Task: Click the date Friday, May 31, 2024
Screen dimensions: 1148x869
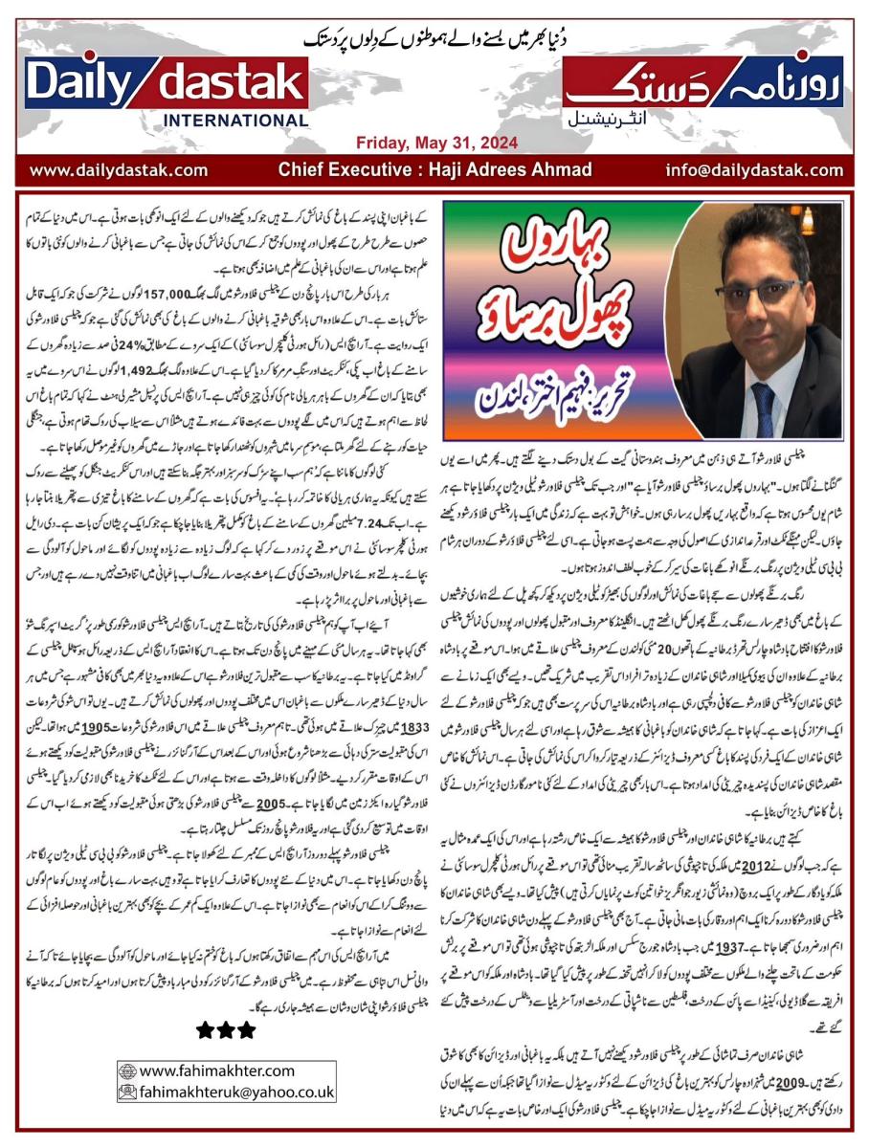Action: point(436,143)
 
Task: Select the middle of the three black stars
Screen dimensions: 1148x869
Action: point(226,1030)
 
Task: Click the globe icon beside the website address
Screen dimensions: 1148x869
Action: point(126,1071)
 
